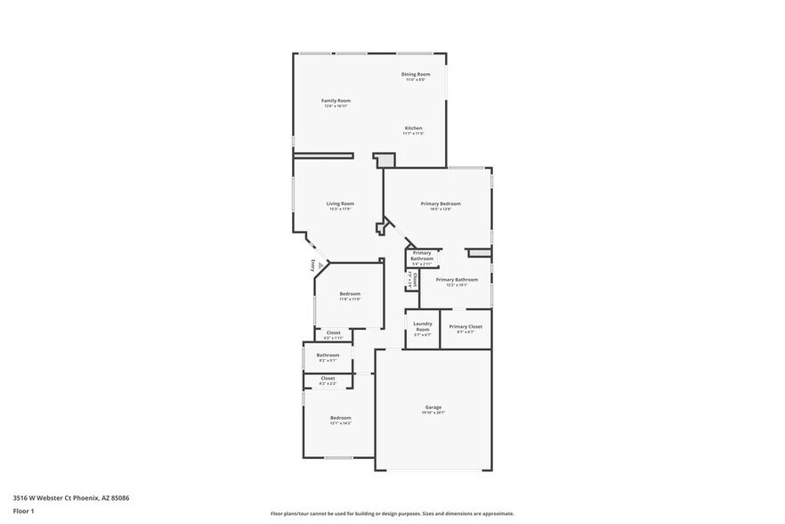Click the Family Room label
[336, 101]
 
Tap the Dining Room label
[416, 74]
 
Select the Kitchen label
[414, 128]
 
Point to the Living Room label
[341, 203]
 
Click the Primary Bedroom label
[441, 203]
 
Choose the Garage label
[433, 407]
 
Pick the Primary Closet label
[465, 326]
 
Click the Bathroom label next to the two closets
[328, 355]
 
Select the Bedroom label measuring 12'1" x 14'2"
[341, 417]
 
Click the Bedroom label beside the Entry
[350, 293]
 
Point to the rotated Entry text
[313, 266]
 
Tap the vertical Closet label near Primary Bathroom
[415, 279]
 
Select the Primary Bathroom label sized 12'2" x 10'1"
[457, 279]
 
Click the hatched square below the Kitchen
[385, 160]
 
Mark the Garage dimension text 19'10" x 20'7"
[433, 413]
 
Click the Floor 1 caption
[23, 511]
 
